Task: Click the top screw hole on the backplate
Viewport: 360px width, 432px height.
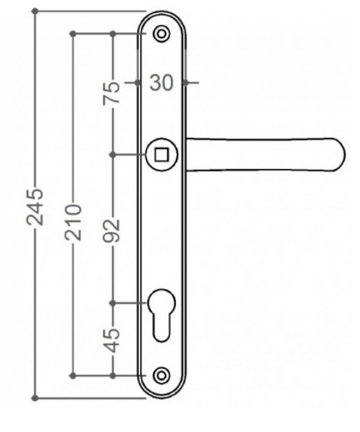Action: click(160, 33)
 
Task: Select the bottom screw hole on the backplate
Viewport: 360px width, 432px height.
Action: click(161, 375)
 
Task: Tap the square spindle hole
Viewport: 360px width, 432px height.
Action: click(160, 153)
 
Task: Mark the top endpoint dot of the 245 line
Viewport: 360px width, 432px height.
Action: click(36, 12)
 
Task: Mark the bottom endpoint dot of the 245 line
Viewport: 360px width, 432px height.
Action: click(36, 396)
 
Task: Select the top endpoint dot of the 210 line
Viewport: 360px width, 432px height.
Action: click(74, 33)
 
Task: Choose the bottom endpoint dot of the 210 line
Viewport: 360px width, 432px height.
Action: click(74, 375)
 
